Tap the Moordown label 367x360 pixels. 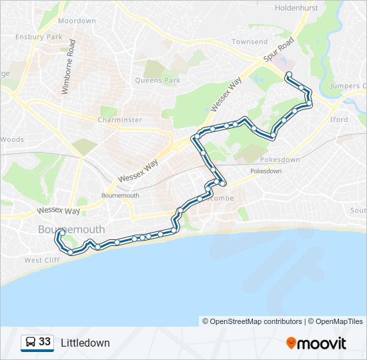(77, 21)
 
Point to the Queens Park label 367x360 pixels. (157, 81)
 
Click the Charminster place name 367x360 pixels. (119, 120)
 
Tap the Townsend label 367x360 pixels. (249, 42)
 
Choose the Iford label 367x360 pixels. (339, 120)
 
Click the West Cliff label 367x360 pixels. (42, 260)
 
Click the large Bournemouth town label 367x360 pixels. (71, 229)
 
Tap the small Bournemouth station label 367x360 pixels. (120, 195)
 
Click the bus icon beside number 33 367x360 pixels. (30, 343)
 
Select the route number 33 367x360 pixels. (45, 342)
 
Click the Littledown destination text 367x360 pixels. (85, 343)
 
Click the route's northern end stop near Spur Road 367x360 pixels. (288, 74)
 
